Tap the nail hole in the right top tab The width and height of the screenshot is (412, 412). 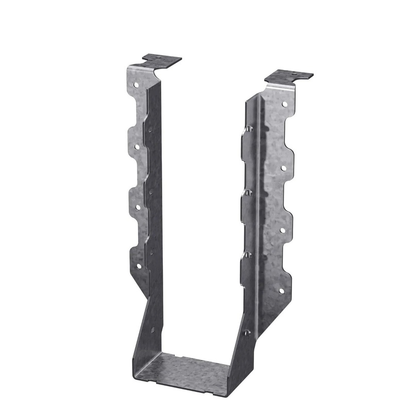point(294,76)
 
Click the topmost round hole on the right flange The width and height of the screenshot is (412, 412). point(284,104)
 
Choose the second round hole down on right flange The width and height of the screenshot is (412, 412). point(283,168)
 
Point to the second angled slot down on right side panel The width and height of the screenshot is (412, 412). point(248,192)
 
